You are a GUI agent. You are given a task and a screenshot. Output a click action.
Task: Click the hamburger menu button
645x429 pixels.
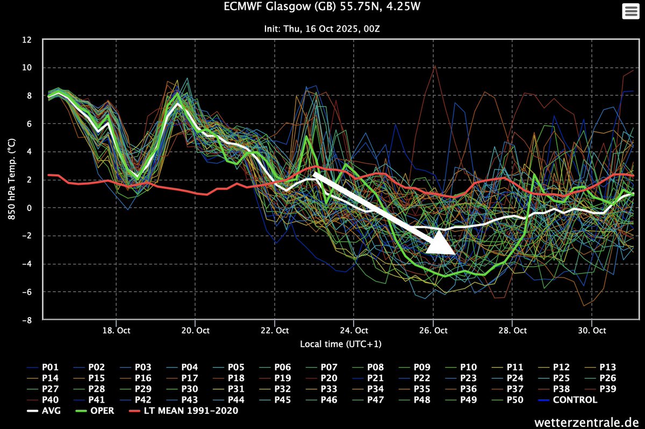click(628, 12)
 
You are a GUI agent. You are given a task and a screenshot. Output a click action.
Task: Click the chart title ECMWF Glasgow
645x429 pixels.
click(322, 7)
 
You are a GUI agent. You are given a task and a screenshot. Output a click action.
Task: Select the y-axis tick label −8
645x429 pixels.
click(27, 320)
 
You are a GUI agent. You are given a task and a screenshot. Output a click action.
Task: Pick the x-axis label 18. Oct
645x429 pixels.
click(116, 330)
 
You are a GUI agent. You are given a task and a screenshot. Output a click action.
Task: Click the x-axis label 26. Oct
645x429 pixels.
click(433, 330)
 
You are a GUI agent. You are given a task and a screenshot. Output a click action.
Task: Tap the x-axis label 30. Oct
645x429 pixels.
click(591, 330)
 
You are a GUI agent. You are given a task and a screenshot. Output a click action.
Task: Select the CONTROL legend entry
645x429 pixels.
click(570, 400)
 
